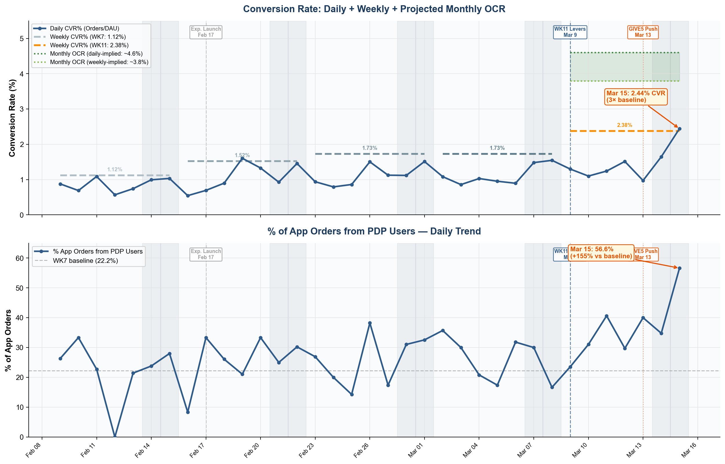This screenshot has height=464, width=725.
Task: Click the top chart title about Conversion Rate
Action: (374, 9)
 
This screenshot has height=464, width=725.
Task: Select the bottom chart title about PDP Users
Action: (374, 231)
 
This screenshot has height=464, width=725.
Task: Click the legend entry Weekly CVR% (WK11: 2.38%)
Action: (89, 45)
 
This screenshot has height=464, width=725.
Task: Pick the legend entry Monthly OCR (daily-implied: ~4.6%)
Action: (96, 54)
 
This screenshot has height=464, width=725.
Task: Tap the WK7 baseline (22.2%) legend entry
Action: (85, 261)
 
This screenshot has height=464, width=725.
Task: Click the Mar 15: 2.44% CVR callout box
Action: (635, 97)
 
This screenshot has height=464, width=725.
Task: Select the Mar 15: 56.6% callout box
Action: (601, 253)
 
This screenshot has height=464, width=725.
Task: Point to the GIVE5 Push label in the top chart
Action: (643, 32)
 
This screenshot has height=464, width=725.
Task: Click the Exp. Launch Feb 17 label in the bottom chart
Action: (206, 254)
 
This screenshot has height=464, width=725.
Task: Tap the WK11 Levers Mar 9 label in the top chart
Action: (570, 32)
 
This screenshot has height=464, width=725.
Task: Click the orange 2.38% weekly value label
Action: (624, 125)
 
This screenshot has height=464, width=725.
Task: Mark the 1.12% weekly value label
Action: (115, 170)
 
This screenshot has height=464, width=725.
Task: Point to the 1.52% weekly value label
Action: (242, 155)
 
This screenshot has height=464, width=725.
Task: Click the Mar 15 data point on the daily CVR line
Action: (679, 129)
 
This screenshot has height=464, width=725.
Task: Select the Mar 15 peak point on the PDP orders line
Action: (679, 268)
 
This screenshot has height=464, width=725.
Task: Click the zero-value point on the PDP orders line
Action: (115, 436)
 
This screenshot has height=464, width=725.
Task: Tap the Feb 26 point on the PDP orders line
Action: (370, 323)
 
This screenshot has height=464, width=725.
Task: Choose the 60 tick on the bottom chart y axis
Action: (20, 258)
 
